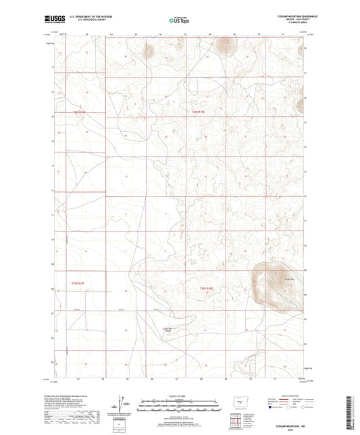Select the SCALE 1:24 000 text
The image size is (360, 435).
click(x=179, y=396)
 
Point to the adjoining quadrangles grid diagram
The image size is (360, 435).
click(x=236, y=421)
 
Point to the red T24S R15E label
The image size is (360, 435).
click(x=197, y=112)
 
